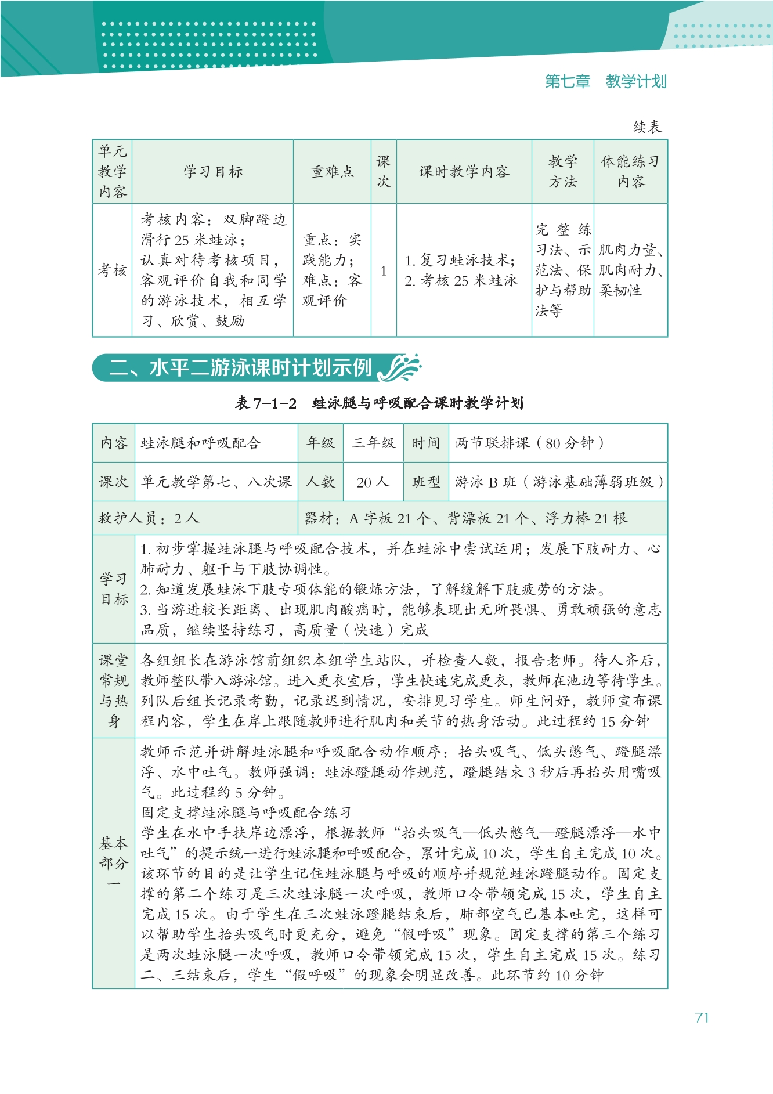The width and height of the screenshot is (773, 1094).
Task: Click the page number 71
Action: pyautogui.click(x=702, y=1017)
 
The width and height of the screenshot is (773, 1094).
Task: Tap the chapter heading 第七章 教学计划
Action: pyautogui.click(x=605, y=82)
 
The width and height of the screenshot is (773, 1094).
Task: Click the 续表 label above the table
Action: pyautogui.click(x=647, y=127)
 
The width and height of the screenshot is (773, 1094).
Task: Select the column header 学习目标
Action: pyautogui.click(x=213, y=172)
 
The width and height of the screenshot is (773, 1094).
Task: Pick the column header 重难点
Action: pyautogui.click(x=332, y=172)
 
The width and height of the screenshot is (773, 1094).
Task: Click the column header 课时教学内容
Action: pyautogui.click(x=464, y=172)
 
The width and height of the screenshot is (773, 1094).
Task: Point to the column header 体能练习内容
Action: pyautogui.click(x=630, y=172)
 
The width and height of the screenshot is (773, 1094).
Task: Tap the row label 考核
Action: pyautogui.click(x=113, y=270)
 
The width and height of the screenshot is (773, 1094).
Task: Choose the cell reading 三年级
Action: pyautogui.click(x=373, y=443)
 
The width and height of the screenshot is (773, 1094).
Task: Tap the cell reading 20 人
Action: pyautogui.click(x=373, y=482)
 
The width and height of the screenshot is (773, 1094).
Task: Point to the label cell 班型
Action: pyautogui.click(x=426, y=482)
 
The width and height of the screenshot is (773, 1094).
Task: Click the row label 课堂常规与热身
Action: pyautogui.click(x=114, y=691)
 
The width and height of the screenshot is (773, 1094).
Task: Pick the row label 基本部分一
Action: pyautogui.click(x=114, y=863)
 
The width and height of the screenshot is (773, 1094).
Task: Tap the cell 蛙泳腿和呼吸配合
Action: pyautogui.click(x=201, y=443)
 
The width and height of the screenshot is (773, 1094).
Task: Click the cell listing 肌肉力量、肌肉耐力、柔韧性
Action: pyautogui.click(x=630, y=270)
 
